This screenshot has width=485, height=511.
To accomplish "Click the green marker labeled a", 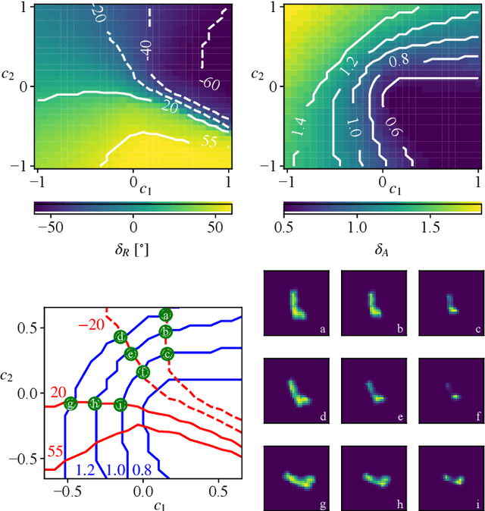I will pyautogui.click(x=165, y=315).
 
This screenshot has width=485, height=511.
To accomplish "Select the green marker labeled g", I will pyautogui.click(x=70, y=403).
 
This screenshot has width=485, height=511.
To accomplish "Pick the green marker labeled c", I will pyautogui.click(x=167, y=353).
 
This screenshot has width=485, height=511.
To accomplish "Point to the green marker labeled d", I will pyautogui.click(x=119, y=337).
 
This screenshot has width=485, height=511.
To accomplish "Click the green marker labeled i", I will pyautogui.click(x=120, y=404).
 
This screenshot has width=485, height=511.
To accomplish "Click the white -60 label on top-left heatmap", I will pyautogui.click(x=210, y=83).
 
